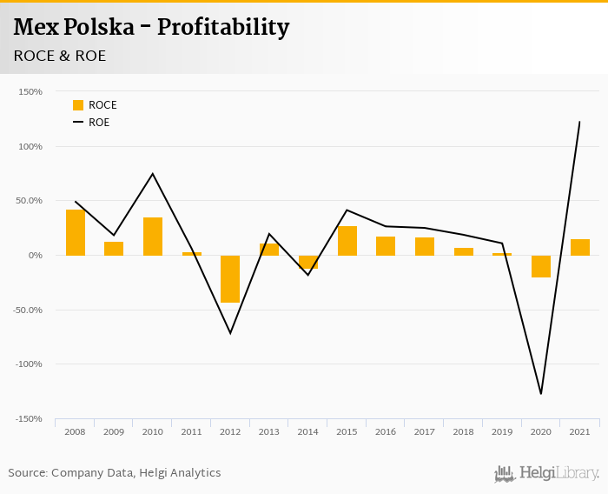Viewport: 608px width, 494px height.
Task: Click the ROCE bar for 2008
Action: (x=76, y=232)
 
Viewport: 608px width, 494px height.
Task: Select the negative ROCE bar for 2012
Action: (x=230, y=278)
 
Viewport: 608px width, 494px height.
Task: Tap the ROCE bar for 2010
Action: (x=153, y=237)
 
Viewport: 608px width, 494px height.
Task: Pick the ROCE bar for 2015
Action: (x=347, y=241)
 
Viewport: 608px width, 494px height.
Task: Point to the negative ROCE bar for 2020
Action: (x=541, y=266)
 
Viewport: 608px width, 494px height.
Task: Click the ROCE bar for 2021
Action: (x=580, y=247)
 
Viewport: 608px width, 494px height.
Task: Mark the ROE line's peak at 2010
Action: (x=153, y=174)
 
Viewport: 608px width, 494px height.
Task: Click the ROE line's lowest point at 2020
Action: (x=541, y=394)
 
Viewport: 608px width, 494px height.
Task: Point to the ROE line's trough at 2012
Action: (x=230, y=333)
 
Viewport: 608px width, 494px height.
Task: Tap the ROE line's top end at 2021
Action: (x=579, y=122)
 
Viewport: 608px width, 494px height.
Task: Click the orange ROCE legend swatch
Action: (x=78, y=105)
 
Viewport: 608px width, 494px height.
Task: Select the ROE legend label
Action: (x=99, y=123)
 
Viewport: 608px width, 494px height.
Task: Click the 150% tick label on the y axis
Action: (x=30, y=91)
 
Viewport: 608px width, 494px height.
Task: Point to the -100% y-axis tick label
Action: (x=29, y=364)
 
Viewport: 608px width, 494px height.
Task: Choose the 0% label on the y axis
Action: (x=34, y=255)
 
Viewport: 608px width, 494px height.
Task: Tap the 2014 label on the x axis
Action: (x=308, y=432)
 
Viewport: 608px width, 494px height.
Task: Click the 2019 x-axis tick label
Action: (x=502, y=432)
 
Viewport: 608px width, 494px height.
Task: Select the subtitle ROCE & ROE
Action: (x=60, y=56)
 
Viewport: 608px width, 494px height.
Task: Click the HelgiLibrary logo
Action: (x=547, y=473)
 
